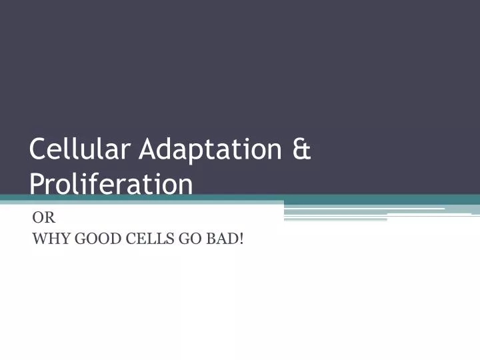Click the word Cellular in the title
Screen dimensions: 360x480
[x=79, y=149]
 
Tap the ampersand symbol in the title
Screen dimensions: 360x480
[x=301, y=149]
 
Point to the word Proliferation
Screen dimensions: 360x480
[x=111, y=183]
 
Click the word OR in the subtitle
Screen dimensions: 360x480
[x=43, y=217]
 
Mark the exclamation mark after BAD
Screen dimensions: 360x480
[x=241, y=239]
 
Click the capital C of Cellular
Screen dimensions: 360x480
[x=37, y=149]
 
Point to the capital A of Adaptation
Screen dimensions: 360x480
[x=148, y=149]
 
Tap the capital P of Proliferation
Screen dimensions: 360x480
[x=37, y=183]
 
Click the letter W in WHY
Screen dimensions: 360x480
[x=39, y=239]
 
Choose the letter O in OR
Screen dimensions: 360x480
[x=38, y=217]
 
